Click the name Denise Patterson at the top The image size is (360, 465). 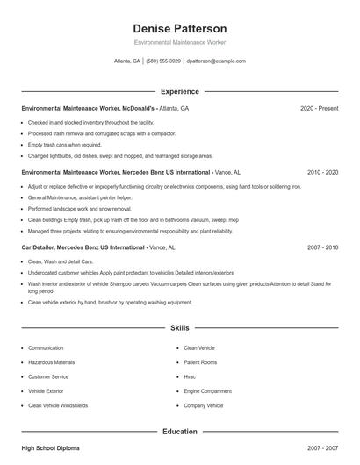coord(179,29)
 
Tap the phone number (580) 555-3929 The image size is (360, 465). coord(163,61)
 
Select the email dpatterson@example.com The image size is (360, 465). coord(215,61)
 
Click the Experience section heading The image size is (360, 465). coord(179,91)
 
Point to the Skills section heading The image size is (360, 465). coord(179,328)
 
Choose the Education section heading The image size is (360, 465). coord(179,432)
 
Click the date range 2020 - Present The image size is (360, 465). coord(319,108)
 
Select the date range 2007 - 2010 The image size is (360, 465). coord(322,247)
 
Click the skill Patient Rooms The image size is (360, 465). coord(200,362)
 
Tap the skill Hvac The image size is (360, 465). coord(190,376)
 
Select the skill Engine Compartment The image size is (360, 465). coord(207,391)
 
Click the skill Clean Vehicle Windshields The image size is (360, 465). coord(58,405)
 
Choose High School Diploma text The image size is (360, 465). coord(50,448)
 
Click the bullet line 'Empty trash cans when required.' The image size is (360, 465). coord(65,145)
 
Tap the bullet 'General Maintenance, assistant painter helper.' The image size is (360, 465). coord(80,198)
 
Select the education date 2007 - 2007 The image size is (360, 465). coord(322,448)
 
